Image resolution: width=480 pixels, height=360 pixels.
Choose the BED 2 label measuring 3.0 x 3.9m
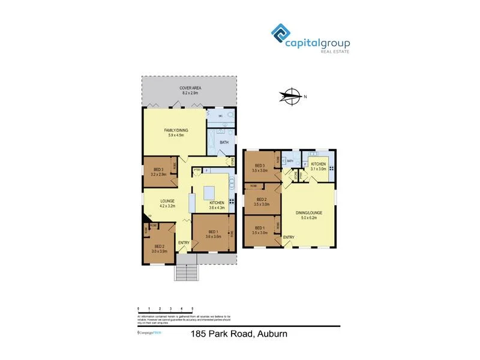[159, 248]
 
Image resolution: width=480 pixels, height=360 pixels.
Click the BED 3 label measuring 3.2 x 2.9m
[158, 171]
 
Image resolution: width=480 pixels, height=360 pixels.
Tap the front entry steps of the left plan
[186, 272]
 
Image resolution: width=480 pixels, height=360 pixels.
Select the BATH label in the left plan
[224, 142]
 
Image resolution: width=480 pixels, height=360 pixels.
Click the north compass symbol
[292, 97]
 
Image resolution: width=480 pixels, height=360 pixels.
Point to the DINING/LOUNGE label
[309, 214]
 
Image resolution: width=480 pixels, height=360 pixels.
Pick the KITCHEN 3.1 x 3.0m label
[318, 166]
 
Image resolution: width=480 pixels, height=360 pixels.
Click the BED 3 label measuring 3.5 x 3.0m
[260, 168]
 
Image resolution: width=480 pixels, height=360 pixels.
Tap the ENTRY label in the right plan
[289, 238]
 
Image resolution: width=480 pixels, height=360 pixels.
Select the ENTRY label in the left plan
[182, 242]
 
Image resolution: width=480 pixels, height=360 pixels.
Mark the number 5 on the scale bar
[191, 308]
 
